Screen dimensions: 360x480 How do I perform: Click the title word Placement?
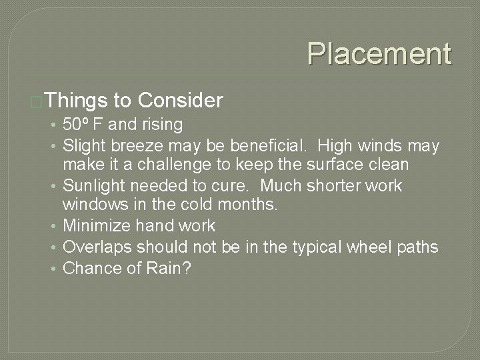pos(379,53)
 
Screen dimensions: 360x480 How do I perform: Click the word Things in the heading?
pos(77,101)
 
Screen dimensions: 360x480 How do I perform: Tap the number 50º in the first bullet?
pos(78,125)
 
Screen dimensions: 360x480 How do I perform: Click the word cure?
pos(242,185)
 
